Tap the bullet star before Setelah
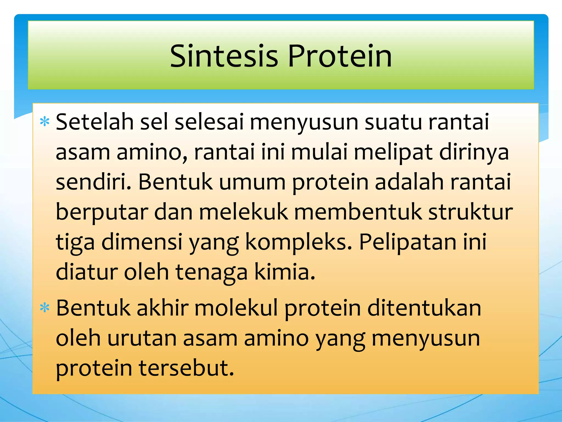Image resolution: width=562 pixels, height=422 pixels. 44,121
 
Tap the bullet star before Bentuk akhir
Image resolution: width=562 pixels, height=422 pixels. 44,308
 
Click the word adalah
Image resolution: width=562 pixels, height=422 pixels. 409,182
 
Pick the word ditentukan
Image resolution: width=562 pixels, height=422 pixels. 424,308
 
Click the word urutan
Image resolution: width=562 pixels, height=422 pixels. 142,338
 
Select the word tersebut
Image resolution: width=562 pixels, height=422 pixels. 186,368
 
